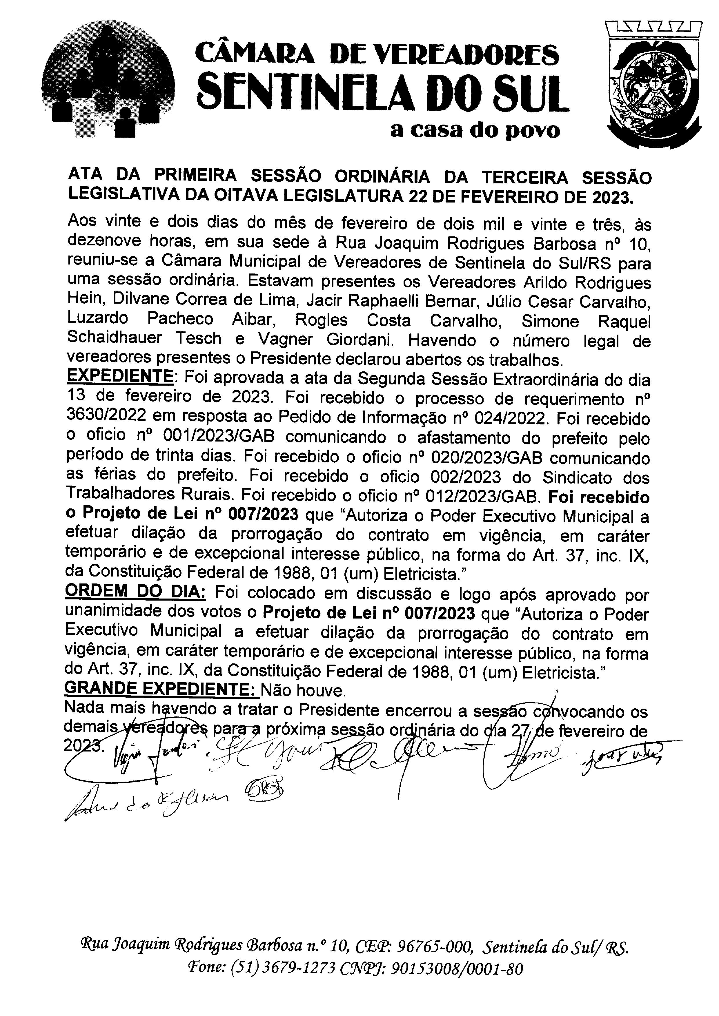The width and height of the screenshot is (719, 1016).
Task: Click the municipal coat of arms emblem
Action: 653,85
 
